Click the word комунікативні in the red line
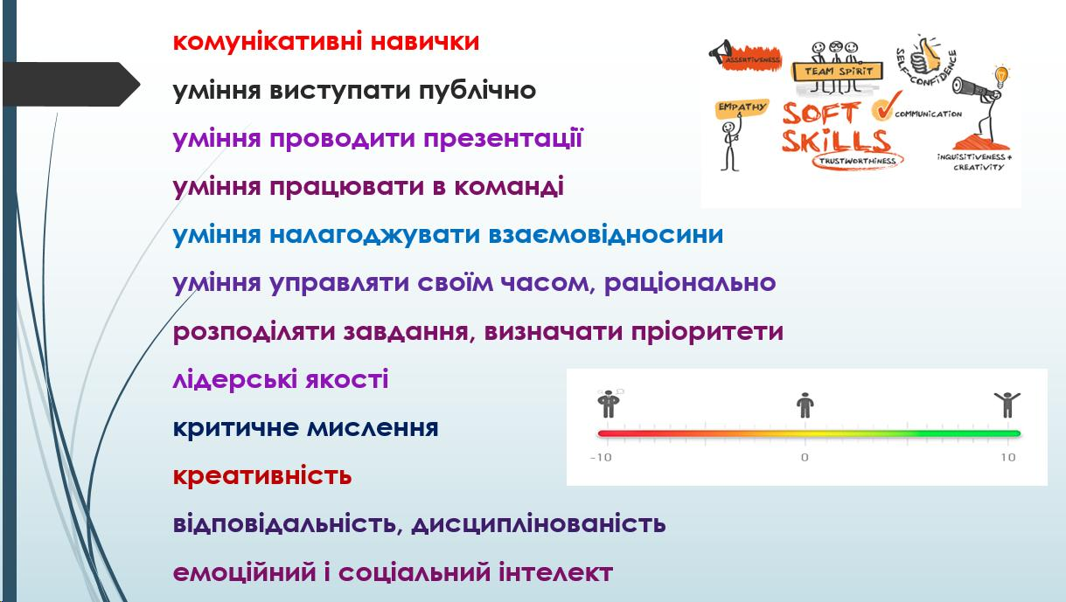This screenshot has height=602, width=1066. tap(268, 42)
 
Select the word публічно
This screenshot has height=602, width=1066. tap(477, 89)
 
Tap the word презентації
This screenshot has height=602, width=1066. tap(504, 139)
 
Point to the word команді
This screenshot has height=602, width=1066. tap(509, 187)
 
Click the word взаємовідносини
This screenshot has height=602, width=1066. tap(606, 235)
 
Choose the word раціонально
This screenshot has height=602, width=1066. tap(690, 283)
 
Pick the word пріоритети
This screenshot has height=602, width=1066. tap(707, 331)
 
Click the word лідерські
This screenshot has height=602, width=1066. tap(234, 379)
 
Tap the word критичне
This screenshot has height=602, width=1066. tap(235, 427)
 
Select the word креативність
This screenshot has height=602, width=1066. tap(262, 475)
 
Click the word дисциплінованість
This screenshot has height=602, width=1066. tap(538, 524)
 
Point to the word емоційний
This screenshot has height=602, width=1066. tap(245, 571)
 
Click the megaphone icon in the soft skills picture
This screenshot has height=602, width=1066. tap(720, 52)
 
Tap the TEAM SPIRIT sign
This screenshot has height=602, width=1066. tap(838, 72)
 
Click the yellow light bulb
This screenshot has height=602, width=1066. tap(1002, 76)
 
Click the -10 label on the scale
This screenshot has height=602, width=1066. tap(601, 458)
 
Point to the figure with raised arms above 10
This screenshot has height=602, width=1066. tap(1007, 405)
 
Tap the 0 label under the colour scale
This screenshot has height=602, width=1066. tap(805, 458)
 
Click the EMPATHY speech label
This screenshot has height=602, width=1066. tap(741, 108)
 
